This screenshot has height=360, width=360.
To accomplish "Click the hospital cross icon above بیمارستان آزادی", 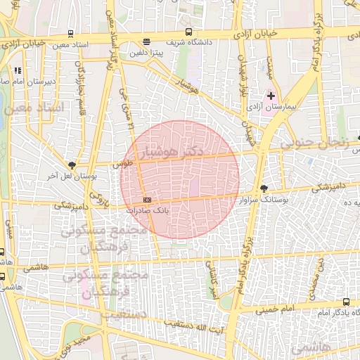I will click(x=271, y=95).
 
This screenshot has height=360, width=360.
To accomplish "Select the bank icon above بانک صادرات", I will click(x=146, y=200).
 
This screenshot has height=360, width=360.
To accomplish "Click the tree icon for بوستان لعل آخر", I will click(x=71, y=165).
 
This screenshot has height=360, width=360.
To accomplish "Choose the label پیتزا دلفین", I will click(x=146, y=53).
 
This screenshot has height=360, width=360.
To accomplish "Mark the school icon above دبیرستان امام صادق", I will click(x=17, y=70).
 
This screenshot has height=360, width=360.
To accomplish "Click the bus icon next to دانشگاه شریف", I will click(x=188, y=32).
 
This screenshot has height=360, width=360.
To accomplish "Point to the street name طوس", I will click(x=124, y=164).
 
